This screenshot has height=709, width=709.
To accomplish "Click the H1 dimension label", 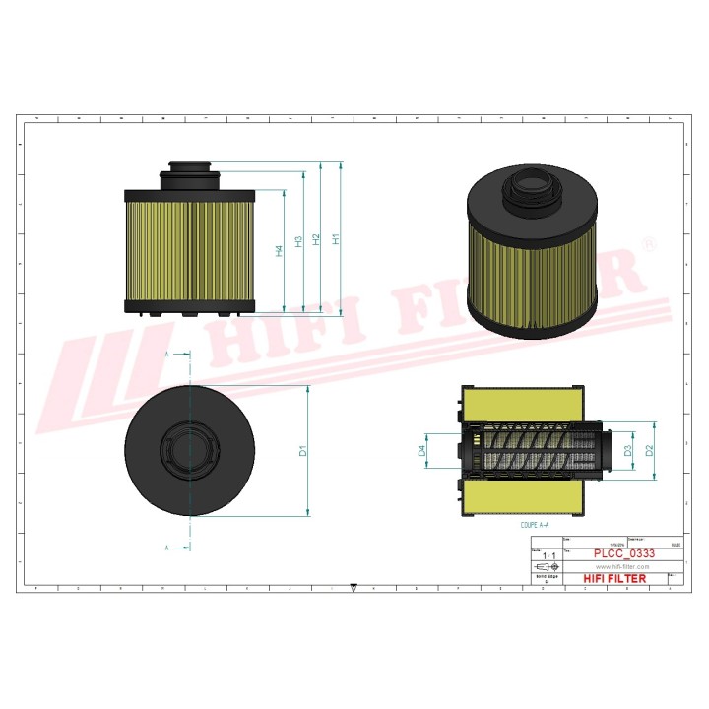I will coord(337,239).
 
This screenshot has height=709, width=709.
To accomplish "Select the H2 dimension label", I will coord(316,239).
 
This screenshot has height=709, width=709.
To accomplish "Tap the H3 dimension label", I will coord(298,242).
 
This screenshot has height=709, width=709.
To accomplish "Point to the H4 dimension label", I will coord(280,251).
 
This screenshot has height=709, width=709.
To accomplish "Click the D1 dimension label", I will coord(304,451).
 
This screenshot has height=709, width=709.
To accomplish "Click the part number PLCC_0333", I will coord(622,554).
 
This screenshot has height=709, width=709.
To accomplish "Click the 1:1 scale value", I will coord(548,556).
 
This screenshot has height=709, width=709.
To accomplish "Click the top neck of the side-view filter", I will coord(190,168).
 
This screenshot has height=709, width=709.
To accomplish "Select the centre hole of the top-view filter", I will coord(190,450).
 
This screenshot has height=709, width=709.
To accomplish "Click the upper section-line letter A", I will coord(166,353).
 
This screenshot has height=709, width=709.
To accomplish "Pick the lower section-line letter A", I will coord(166,547).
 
